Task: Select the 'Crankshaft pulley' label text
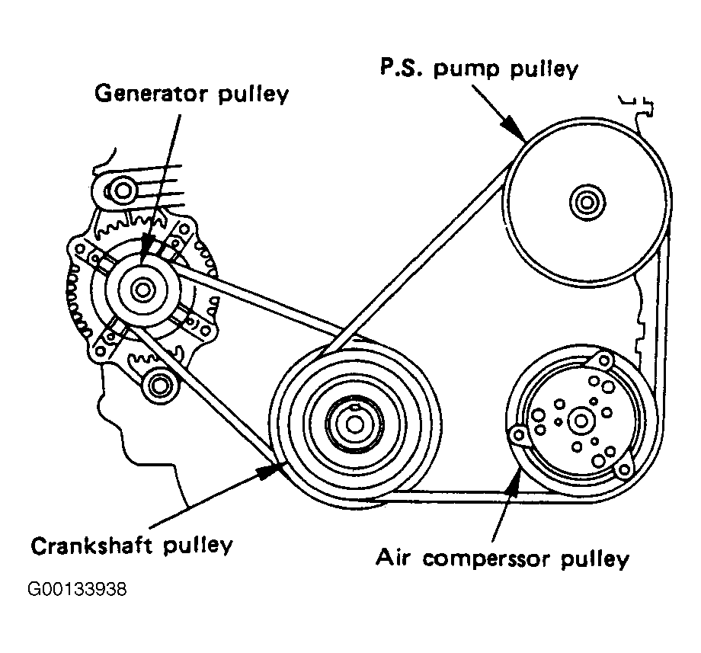131,546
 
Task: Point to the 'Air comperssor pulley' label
503,559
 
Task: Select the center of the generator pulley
142,290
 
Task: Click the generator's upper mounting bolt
123,188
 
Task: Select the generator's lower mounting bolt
158,385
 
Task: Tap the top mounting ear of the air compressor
606,359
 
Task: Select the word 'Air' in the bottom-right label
394,559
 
